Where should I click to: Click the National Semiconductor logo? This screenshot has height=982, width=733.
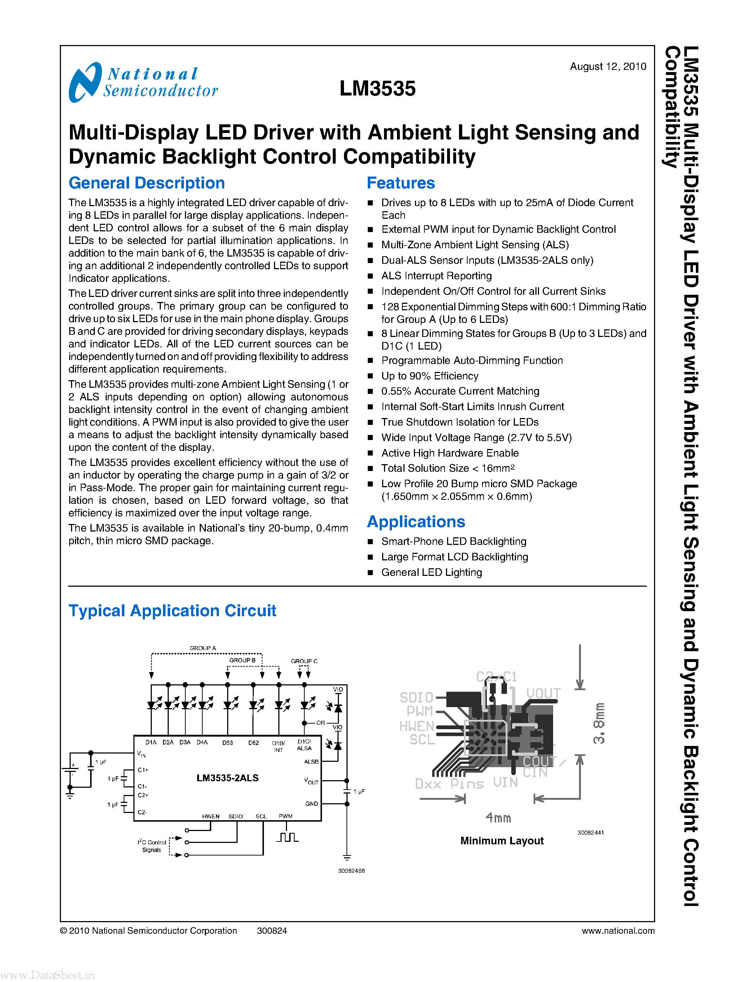[143, 83]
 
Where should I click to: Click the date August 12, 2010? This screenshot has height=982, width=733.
[608, 67]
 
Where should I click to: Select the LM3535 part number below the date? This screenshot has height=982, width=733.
[377, 89]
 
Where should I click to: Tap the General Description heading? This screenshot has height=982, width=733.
[146, 183]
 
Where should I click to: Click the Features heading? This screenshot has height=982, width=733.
[401, 183]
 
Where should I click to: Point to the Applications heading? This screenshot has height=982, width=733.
[416, 521]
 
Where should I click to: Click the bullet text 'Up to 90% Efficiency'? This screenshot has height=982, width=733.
[429, 376]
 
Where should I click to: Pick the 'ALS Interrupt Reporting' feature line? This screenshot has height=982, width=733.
[436, 276]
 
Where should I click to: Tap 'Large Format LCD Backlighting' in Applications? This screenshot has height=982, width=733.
[454, 557]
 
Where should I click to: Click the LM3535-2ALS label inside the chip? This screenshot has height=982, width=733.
[227, 778]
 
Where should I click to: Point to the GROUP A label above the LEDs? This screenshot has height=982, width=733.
[203, 648]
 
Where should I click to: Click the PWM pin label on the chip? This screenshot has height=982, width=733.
[285, 816]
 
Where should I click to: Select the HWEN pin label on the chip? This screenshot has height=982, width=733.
[211, 816]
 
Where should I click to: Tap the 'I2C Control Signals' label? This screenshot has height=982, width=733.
[152, 846]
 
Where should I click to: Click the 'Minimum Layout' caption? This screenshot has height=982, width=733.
[502, 841]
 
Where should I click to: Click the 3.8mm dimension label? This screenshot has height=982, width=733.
[599, 723]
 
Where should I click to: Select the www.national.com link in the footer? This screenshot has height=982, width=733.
[618, 930]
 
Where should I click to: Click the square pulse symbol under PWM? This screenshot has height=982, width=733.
[287, 837]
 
